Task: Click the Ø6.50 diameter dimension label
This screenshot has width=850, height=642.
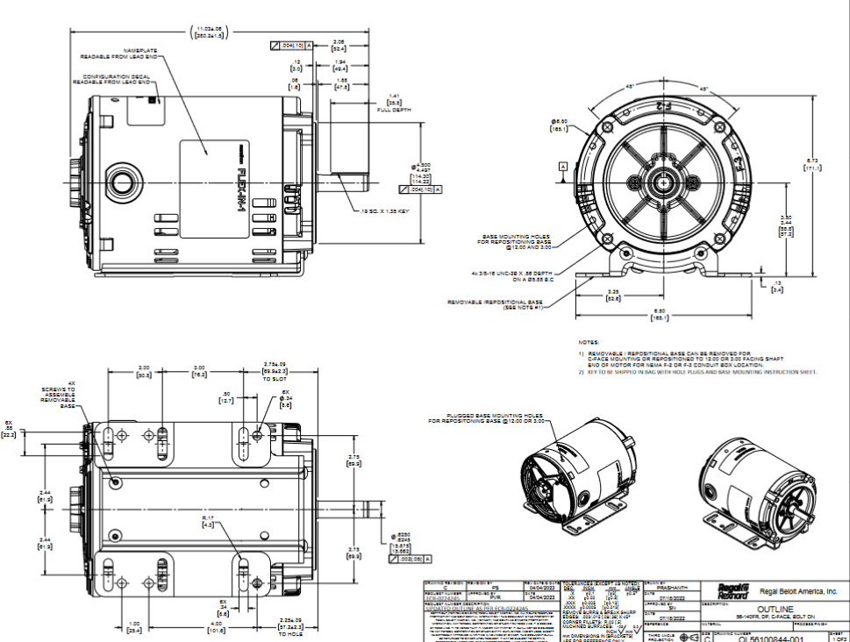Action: tap(558, 124)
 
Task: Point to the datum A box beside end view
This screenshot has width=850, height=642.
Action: tap(562, 165)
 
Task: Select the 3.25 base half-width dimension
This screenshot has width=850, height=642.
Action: tap(613, 295)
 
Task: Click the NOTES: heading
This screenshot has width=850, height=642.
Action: tap(588, 342)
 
